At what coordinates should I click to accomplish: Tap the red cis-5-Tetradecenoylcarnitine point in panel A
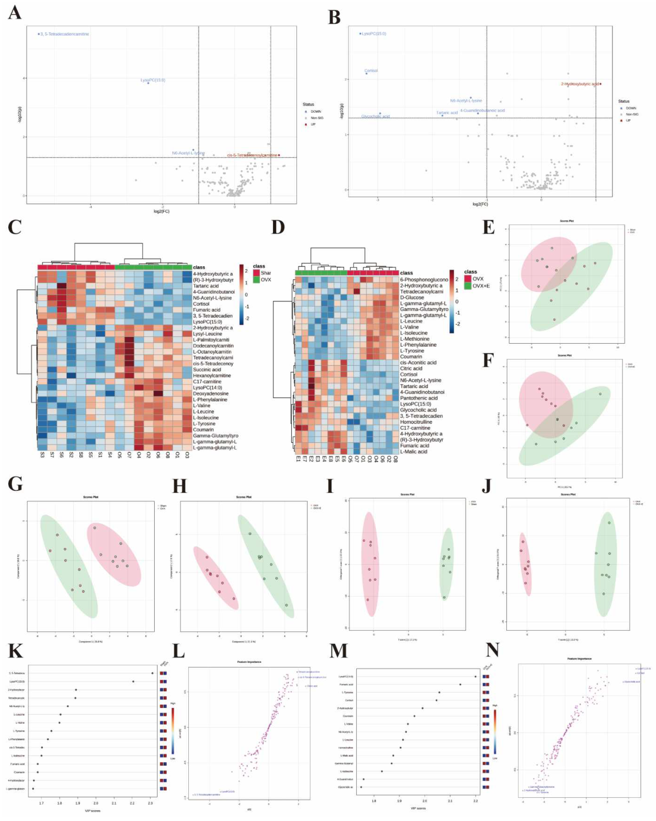pos(279,155)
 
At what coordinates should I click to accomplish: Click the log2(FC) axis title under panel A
pos(162,211)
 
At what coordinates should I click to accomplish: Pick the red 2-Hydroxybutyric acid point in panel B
pos(600,84)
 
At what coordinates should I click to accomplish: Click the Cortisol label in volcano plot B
pos(371,70)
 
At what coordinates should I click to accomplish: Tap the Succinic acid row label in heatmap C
pos(207,369)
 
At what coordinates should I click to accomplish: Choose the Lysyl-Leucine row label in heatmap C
pos(207,334)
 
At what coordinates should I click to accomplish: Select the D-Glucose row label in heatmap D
pos(412,297)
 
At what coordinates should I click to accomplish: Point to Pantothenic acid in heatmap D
pos(419,398)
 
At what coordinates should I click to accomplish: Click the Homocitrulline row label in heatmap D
pos(416,422)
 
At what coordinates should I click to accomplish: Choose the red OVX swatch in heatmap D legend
pos(467,279)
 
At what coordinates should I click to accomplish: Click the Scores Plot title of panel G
pos(91,497)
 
